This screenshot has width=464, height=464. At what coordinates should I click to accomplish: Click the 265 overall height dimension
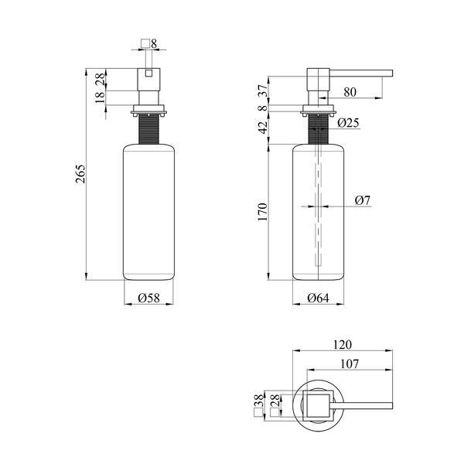click(x=80, y=174)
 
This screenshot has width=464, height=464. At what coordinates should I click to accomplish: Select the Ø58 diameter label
click(x=148, y=298)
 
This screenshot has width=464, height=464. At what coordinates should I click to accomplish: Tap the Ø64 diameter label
click(x=318, y=298)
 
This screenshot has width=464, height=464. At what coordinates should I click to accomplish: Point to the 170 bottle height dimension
click(x=262, y=212)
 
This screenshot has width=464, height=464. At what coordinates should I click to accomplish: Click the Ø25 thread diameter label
click(x=348, y=123)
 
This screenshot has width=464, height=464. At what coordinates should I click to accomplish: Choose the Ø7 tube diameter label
click(x=363, y=200)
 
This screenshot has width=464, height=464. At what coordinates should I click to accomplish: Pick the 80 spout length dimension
click(x=350, y=92)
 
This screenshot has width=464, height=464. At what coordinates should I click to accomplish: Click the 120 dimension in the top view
click(x=343, y=345)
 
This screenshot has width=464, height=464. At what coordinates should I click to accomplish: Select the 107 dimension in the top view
click(x=350, y=364)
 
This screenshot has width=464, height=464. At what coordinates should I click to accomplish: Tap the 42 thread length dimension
click(x=263, y=128)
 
